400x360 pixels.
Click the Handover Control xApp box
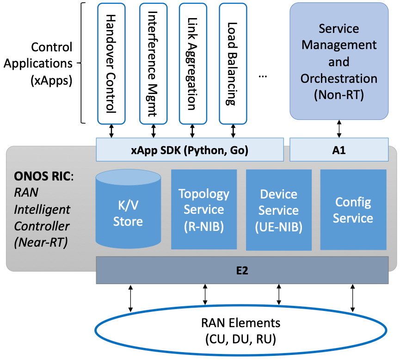[x=111, y=63]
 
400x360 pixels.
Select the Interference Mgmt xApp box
[x=151, y=63]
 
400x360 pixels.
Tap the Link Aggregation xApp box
[x=193, y=63]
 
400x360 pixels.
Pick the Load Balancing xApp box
[x=233, y=63]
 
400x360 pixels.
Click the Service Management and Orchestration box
[x=338, y=62]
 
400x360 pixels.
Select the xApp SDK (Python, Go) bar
[x=190, y=150]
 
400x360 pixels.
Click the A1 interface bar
[x=338, y=150]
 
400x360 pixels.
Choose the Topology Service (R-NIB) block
[x=204, y=209]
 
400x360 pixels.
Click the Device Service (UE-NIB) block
[x=278, y=210]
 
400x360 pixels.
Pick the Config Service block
[x=353, y=210]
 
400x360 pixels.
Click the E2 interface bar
[x=242, y=270]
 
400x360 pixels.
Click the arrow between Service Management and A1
[x=339, y=128]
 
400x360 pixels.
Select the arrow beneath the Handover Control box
[x=111, y=131]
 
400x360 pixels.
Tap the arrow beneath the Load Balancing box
[x=233, y=131]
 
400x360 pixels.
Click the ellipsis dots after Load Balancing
[x=263, y=75]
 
